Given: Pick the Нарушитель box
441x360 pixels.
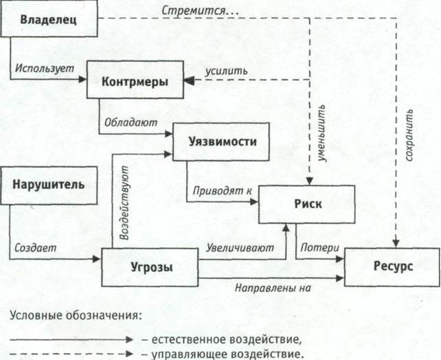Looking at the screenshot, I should point(49,185).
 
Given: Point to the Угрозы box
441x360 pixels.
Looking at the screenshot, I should point(150,267).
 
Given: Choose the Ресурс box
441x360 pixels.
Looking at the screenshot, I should point(390,267).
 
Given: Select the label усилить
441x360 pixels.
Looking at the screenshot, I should point(226,70).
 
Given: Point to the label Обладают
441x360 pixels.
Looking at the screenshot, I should point(131,123).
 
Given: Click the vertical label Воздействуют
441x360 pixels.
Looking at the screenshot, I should point(124,202).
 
